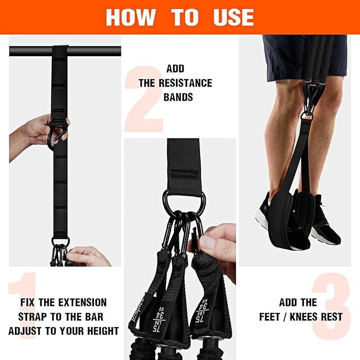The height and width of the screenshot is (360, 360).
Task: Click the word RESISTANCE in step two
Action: [175, 83]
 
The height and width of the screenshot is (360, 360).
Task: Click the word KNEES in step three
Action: [304, 317]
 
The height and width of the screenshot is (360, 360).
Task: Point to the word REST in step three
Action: [331, 317]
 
